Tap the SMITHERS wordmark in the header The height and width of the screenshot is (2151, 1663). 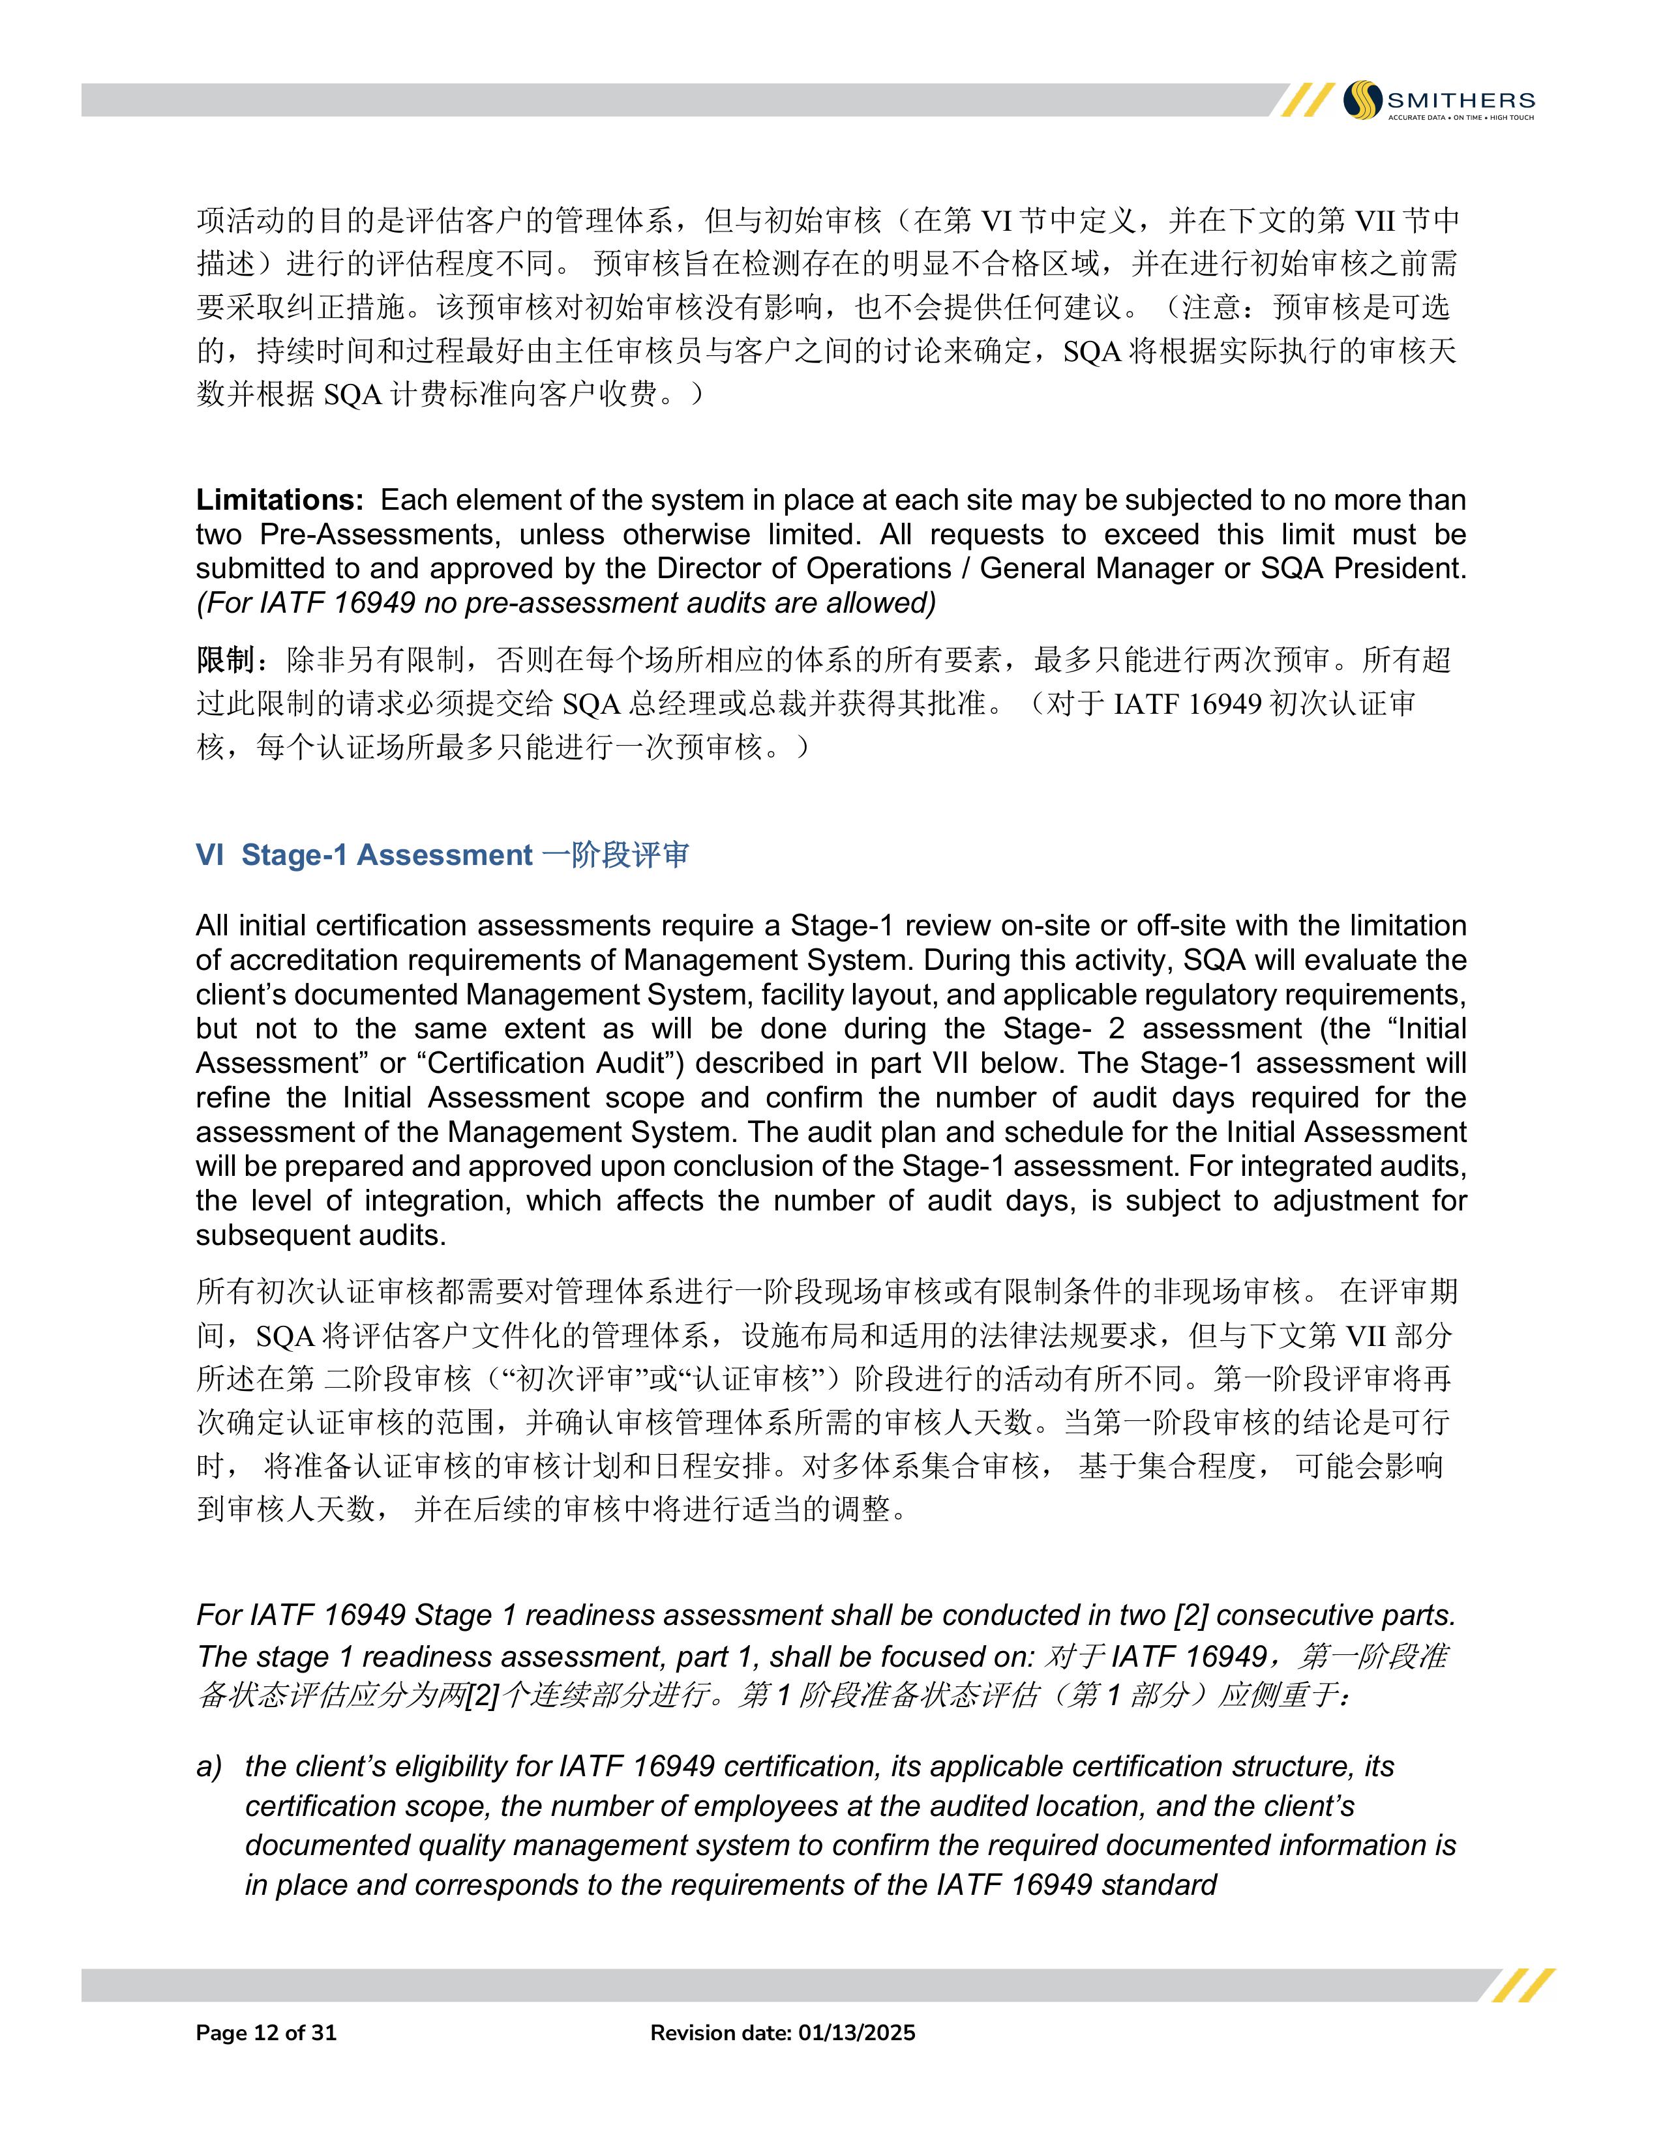(x=1460, y=100)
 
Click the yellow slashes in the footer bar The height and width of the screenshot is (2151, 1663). (x=1523, y=1985)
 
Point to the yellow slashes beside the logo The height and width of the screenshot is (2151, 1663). (x=1306, y=100)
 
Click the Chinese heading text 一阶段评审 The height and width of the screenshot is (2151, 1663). (x=616, y=855)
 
